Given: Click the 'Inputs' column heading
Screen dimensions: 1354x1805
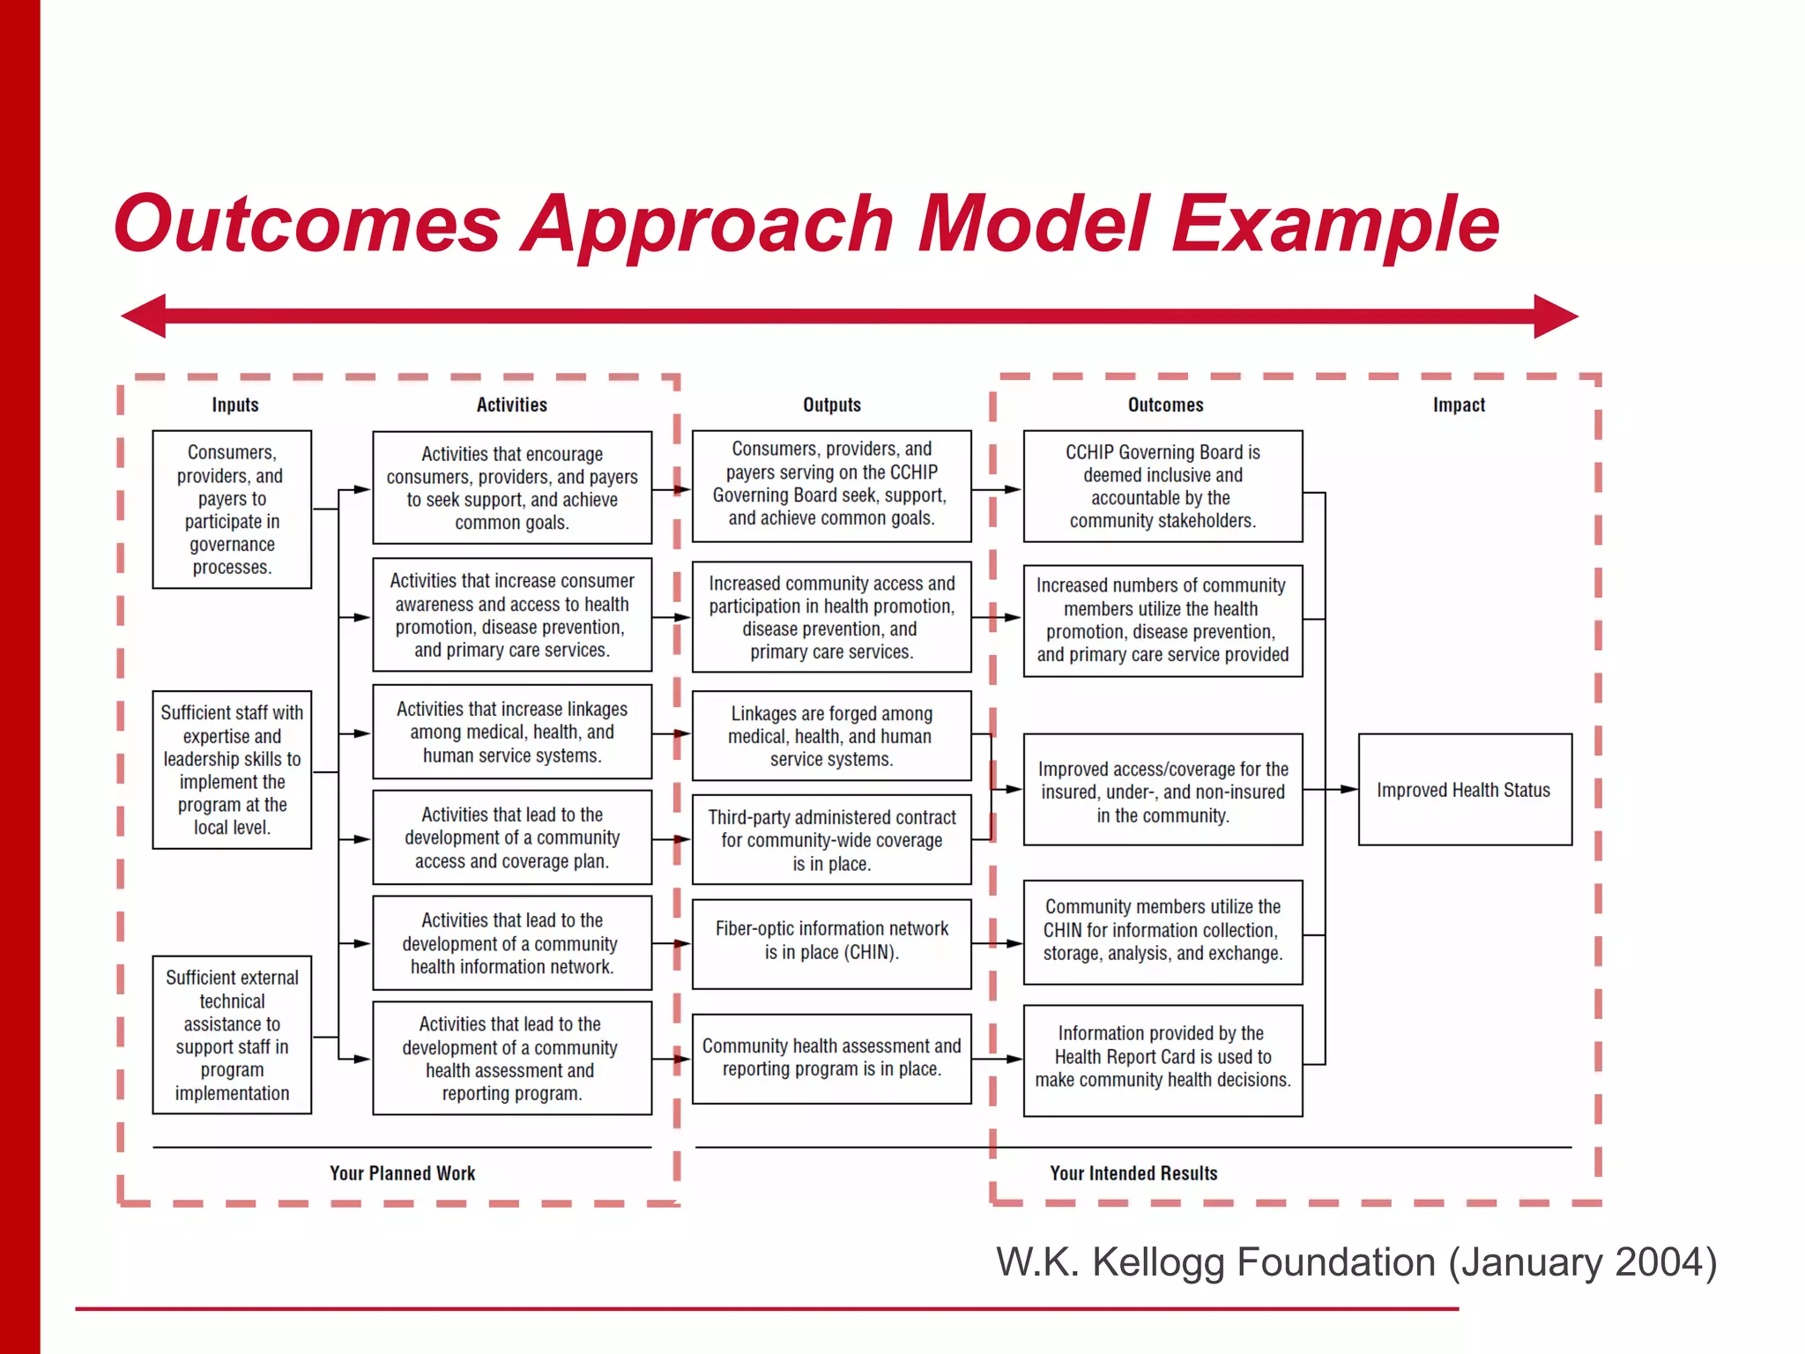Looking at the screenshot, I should coord(235,405).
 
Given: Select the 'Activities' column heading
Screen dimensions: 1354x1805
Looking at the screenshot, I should coord(512,405).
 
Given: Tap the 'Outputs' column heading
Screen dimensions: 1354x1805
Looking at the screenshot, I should coord(832,405).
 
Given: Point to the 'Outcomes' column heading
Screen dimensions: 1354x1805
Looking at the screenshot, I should coord(1165,405).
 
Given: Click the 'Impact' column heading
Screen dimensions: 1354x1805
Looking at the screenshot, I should coord(1459,405).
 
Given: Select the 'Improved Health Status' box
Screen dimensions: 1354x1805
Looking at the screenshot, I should coord(1465,790).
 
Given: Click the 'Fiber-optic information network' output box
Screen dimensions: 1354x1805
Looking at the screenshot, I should coord(832,943).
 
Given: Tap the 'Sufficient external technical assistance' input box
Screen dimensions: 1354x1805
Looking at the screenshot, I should coord(232,1035).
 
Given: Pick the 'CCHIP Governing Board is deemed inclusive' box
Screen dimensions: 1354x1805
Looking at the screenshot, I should coord(1162,487).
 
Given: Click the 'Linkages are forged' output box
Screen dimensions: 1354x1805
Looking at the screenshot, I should coord(832,736).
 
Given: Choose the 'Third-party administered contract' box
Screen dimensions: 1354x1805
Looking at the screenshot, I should coord(832,840).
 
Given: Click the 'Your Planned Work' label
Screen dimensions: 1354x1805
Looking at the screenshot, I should coord(403,1173).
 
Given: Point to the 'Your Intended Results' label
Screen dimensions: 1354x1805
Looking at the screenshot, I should coord(1133,1173).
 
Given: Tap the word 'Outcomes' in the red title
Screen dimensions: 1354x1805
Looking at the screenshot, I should coord(307,225).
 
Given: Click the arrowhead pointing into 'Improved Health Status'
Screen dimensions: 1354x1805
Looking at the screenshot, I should coord(1348,790).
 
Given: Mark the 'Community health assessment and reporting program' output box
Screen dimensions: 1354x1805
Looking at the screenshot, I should coord(832,1058).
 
